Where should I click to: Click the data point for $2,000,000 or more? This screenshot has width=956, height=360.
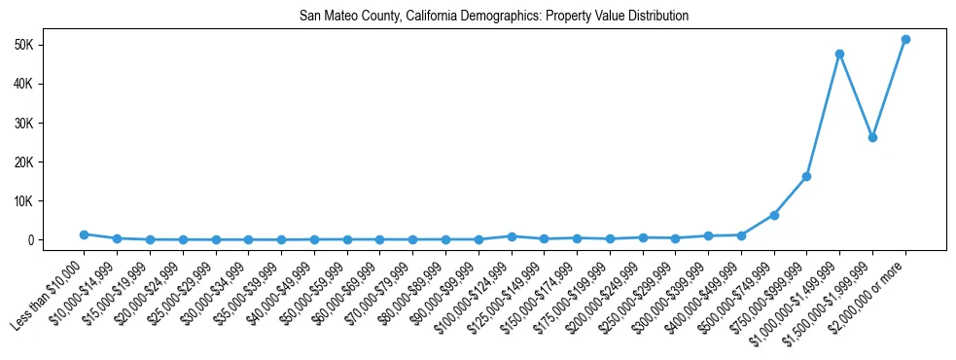(905, 40)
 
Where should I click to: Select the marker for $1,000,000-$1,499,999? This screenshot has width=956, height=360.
(839, 54)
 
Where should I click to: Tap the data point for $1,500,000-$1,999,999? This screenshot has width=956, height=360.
(872, 137)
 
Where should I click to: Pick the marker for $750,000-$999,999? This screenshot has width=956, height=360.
(806, 176)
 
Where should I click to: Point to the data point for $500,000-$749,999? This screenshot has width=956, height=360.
(774, 215)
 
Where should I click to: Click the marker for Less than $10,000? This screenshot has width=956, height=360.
(84, 234)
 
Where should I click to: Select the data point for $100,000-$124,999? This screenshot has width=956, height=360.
(511, 236)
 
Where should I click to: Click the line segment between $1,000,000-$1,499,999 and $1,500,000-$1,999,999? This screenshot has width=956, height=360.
(856, 95)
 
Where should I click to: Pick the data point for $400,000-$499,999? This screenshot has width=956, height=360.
(741, 235)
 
